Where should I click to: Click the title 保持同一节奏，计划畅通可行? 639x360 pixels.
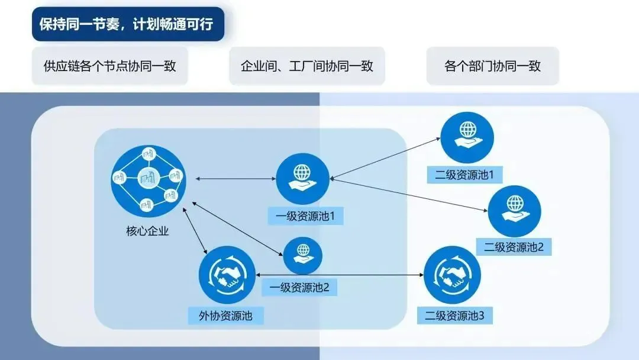(128, 24)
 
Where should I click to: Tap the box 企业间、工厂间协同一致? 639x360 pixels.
(306, 66)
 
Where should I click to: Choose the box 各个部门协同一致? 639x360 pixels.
(492, 66)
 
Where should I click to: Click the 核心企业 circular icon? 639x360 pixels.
(149, 181)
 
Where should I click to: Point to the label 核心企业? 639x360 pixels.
(148, 231)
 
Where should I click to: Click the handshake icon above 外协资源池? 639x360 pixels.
(227, 274)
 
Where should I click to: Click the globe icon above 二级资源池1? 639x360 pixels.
(467, 136)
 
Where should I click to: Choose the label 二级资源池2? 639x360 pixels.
(514, 247)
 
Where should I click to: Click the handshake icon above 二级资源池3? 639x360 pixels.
(452, 274)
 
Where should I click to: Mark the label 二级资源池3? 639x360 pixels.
(454, 316)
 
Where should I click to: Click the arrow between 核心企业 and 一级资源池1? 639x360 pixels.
(235, 178)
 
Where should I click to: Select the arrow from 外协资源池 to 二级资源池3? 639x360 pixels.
(340, 275)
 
